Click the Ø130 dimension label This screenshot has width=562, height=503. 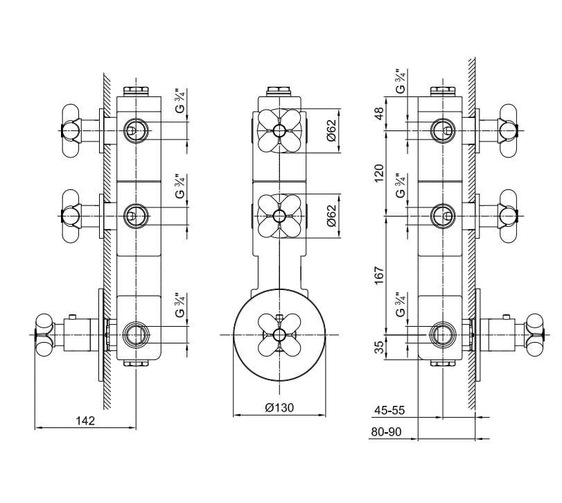point(279,408)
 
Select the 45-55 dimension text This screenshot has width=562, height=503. point(389,411)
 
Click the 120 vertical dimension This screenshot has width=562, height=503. point(379,173)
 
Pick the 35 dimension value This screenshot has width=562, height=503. point(379,346)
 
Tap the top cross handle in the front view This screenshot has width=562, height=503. point(279,131)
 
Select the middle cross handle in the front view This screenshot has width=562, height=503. point(279,216)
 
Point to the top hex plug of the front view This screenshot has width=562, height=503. point(279,91)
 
